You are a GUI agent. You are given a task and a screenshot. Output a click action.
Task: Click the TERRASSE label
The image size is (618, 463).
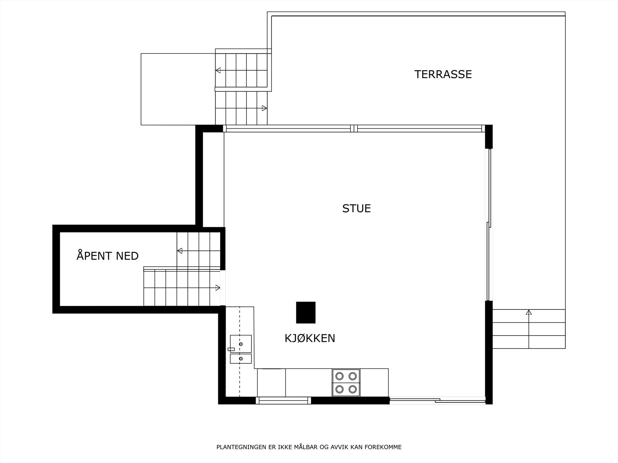[x=443, y=74]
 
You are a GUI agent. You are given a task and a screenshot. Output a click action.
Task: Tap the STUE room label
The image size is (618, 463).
[x=357, y=208]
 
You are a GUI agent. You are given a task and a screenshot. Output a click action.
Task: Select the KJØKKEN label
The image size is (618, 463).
[x=310, y=338]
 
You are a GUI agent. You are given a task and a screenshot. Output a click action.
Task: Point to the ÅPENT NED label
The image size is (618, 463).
[x=107, y=256]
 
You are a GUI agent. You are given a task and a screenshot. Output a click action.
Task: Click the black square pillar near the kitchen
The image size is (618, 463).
[x=306, y=313]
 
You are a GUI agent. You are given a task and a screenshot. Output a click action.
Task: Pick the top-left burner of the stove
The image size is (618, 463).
[x=340, y=376]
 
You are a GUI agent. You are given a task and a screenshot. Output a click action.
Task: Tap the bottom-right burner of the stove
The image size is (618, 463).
[x=353, y=389]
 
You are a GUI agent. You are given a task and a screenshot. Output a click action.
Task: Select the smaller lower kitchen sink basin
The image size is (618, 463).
[x=241, y=359]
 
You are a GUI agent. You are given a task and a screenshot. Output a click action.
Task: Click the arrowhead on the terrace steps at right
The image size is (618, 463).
[x=529, y=312]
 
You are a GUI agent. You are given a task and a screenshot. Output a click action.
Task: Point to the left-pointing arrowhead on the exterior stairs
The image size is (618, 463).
[x=218, y=70]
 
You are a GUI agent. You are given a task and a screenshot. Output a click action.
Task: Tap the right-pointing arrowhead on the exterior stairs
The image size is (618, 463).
[x=265, y=108]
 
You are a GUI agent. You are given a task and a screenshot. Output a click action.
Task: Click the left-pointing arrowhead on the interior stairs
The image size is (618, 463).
[x=180, y=251]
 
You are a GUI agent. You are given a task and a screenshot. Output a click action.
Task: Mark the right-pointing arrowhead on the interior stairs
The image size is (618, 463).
[x=218, y=287]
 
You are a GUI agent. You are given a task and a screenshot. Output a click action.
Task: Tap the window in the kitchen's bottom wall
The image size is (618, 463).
[x=283, y=400]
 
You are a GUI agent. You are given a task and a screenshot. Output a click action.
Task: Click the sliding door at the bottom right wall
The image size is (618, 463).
[x=437, y=400]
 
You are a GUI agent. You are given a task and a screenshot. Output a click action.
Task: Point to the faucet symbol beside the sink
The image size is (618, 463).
[x=231, y=349]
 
